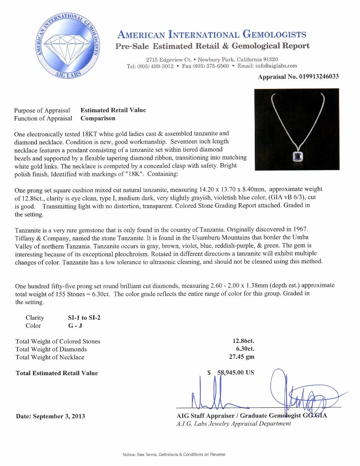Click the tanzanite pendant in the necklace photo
pyautogui.click(x=297, y=156)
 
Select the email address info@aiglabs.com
pyautogui.click(x=276, y=66)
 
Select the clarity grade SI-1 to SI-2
pyautogui.click(x=84, y=318)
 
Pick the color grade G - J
pyautogui.click(x=75, y=326)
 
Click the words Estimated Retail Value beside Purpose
pyautogui.click(x=113, y=110)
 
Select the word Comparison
pyautogui.click(x=98, y=118)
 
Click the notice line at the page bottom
pyautogui.click(x=174, y=454)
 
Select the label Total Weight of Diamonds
pyautogui.click(x=51, y=349)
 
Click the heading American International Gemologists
pyautogui.click(x=212, y=35)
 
